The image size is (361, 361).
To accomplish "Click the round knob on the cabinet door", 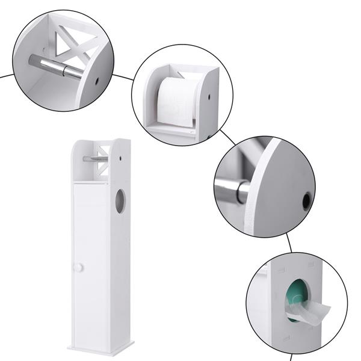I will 79,267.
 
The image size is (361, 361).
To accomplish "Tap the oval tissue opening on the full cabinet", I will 120,201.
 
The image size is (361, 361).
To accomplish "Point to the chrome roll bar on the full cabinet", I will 96,159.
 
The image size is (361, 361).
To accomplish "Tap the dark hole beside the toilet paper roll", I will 209,94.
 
